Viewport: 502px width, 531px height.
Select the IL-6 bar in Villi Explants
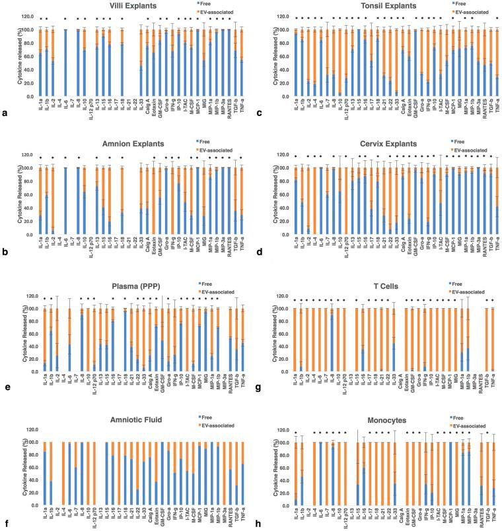tap(65, 63)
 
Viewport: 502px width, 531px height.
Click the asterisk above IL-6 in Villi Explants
tap(65, 18)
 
